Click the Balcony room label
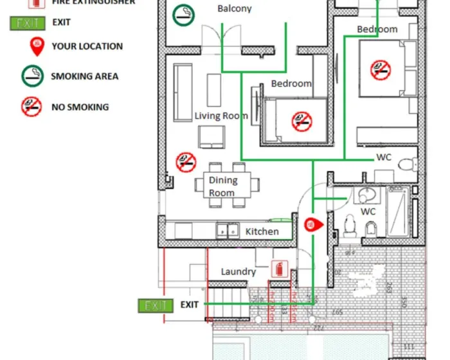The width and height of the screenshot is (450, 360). tap(235, 9)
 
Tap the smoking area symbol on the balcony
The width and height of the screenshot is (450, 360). tap(184, 14)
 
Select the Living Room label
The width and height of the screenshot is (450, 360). tap(221, 116)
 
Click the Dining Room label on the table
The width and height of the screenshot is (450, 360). tap(222, 186)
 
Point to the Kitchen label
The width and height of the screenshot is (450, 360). tap(262, 231)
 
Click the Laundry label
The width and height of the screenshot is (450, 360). tap(239, 271)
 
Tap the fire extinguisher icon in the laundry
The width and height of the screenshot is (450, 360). tap(280, 269)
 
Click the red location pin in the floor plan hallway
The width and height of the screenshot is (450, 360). tap(310, 224)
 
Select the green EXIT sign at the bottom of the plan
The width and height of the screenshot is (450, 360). tap(156, 305)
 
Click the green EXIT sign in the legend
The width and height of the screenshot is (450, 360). tap(28, 24)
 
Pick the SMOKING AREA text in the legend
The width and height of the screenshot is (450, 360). tap(85, 76)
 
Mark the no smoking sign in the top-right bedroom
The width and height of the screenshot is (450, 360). tap(381, 69)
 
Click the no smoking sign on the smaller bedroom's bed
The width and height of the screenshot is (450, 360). tap(301, 120)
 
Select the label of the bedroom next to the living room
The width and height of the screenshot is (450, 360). tap(291, 84)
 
